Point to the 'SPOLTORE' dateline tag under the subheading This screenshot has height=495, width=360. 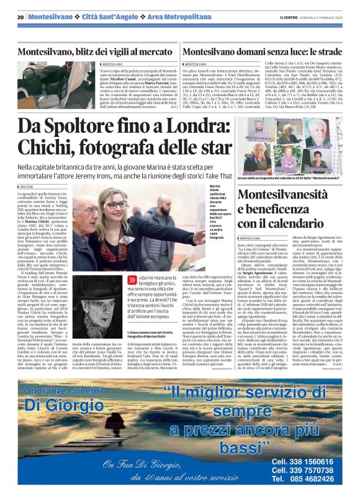pyautogui.click(x=27, y=186)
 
